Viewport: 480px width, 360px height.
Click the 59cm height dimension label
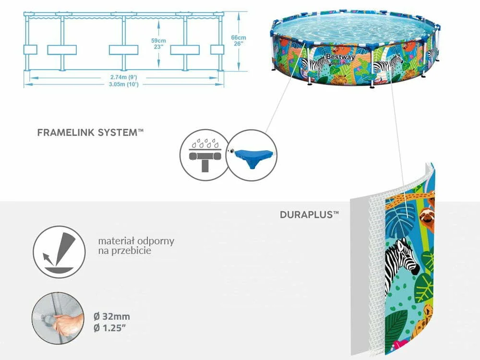point(158,44)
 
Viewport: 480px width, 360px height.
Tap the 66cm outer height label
point(239,40)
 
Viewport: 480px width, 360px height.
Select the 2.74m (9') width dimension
point(124,77)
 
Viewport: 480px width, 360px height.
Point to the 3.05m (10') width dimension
point(124,84)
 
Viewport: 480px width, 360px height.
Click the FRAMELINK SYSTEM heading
point(90,132)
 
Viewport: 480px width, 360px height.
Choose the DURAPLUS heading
point(310,214)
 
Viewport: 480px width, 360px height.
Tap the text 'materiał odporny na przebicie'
point(136,246)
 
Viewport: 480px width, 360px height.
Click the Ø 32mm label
point(112,316)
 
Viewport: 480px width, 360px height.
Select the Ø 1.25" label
point(110,328)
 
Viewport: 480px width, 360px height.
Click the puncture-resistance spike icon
point(59,252)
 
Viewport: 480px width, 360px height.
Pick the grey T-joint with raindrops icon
point(204,155)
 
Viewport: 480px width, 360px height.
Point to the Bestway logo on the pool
point(340,57)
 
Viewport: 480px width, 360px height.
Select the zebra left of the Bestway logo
point(312,65)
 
